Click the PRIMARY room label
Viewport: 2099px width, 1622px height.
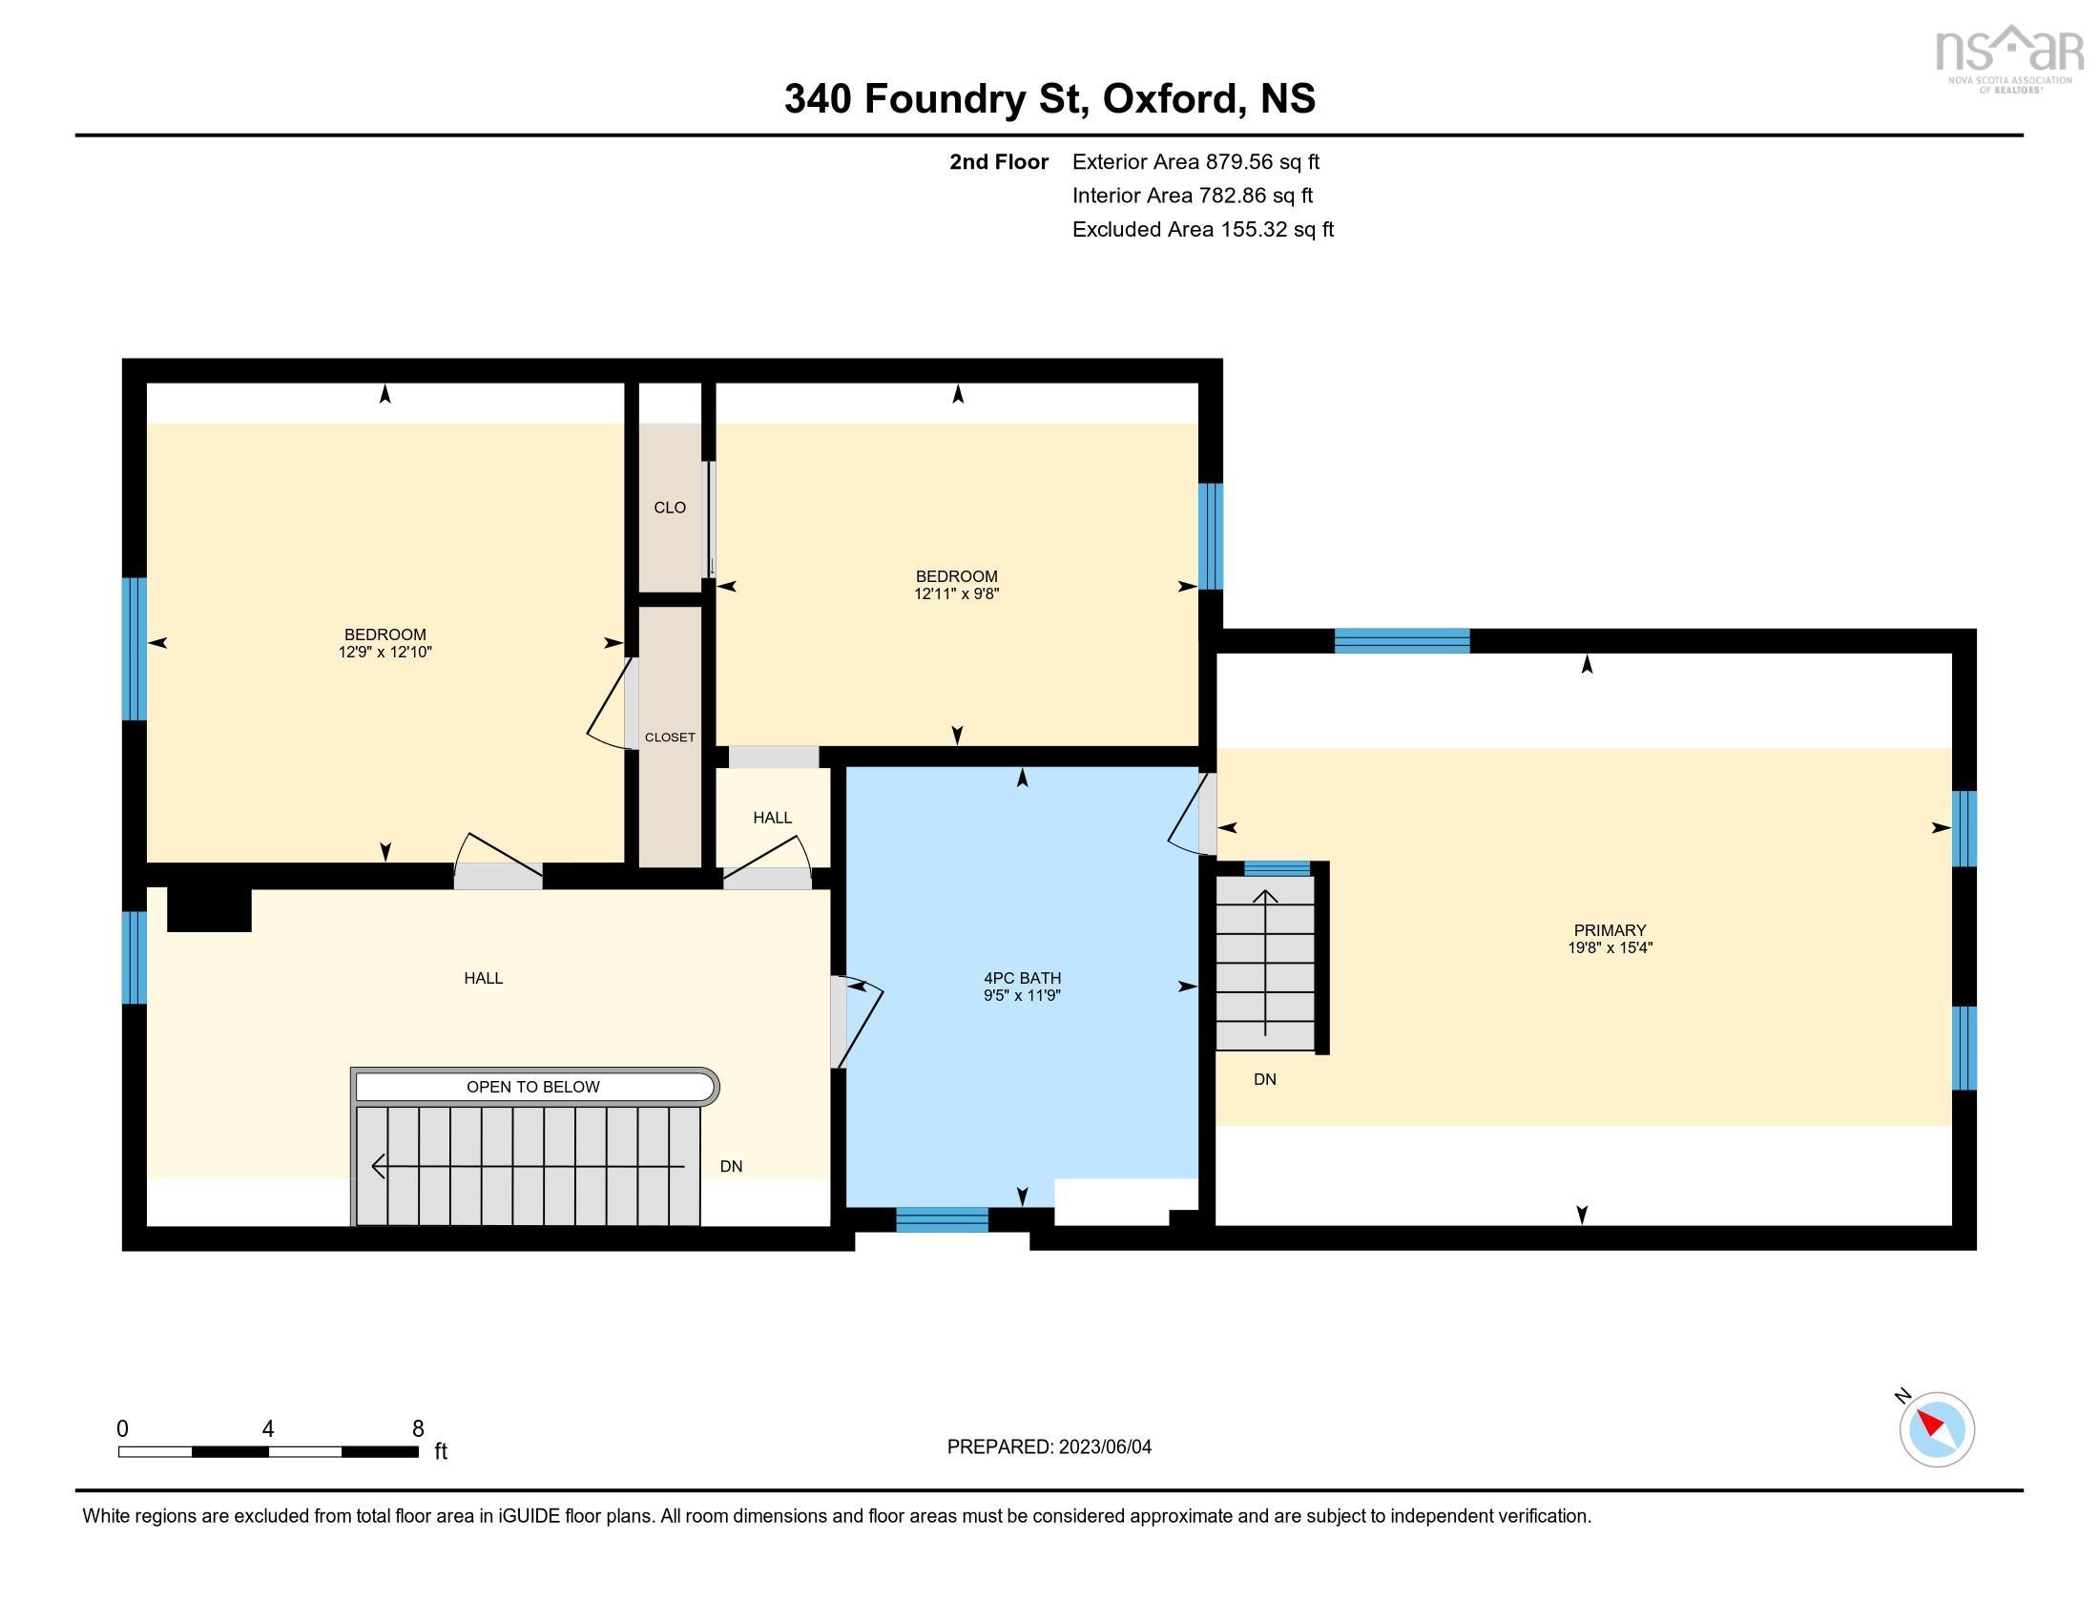(1609, 929)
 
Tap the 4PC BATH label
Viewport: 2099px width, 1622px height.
(1021, 977)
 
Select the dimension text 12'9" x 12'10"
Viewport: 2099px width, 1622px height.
(384, 653)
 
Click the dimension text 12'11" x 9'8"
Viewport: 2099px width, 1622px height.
(955, 593)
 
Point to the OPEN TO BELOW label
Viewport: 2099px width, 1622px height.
(532, 1087)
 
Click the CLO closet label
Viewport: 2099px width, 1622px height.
(669, 508)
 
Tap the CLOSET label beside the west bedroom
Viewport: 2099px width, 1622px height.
(669, 737)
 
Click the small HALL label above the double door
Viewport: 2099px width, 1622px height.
(772, 818)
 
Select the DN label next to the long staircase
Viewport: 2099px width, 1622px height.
(731, 1166)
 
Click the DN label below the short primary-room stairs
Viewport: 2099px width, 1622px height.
(1264, 1079)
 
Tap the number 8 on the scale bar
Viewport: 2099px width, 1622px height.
(418, 1429)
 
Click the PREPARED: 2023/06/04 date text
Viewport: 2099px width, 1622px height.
(1049, 1447)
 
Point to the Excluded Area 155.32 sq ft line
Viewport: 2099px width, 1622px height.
(1202, 230)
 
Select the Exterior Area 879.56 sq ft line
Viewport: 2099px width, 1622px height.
(1195, 162)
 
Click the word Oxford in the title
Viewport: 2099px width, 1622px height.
(1169, 99)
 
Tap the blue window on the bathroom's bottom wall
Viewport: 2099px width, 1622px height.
(941, 1219)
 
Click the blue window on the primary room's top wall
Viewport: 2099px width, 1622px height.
(1402, 640)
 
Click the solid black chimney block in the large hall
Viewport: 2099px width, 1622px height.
(209, 909)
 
